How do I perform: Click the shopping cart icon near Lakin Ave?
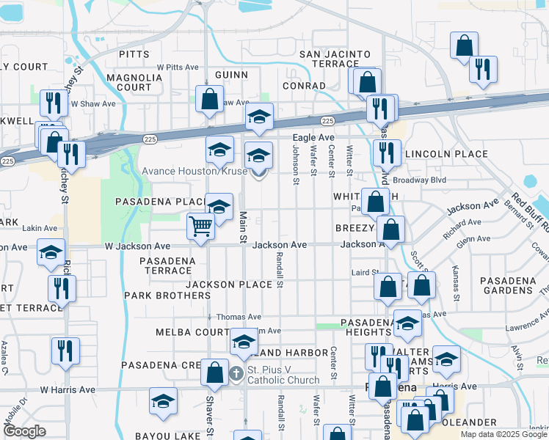[200, 226]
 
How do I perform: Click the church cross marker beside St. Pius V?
[236, 373]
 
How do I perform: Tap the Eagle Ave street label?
[313, 137]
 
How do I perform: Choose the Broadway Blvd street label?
[420, 179]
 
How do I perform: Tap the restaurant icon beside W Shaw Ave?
[53, 103]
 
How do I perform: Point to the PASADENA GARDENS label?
[511, 286]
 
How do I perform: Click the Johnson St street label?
[296, 164]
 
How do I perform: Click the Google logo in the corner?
[23, 431]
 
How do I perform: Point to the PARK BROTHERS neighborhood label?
[167, 296]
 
